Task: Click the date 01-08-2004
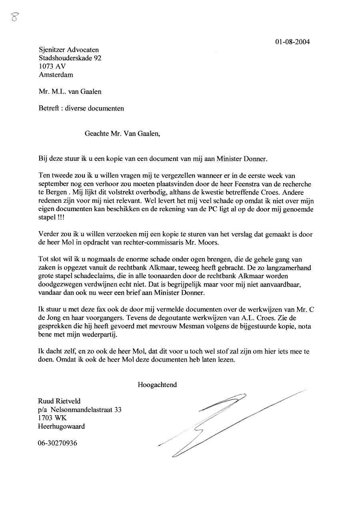292,42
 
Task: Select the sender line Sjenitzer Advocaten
68,50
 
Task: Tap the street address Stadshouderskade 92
70,58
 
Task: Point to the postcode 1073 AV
52,66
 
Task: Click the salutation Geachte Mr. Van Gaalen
122,134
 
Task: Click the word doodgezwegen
60,284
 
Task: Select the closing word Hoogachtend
157,385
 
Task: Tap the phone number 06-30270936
58,443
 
